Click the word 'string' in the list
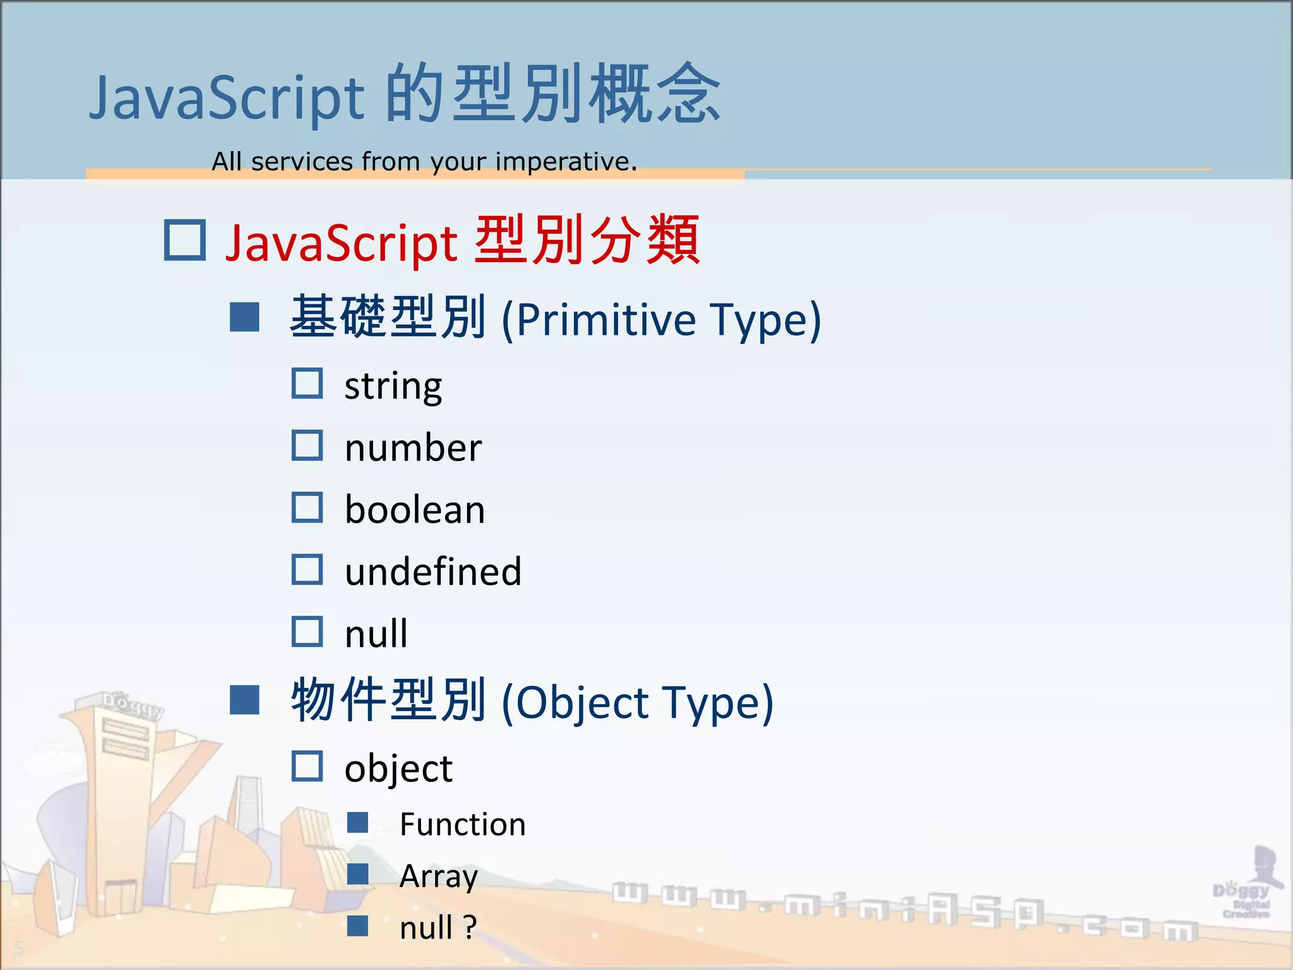click(x=393, y=386)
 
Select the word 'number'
click(x=414, y=448)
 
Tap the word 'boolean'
click(x=415, y=510)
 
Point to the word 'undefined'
click(x=433, y=572)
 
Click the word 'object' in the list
click(x=398, y=769)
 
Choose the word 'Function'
click(x=463, y=824)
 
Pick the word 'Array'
click(x=439, y=877)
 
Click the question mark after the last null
click(x=470, y=927)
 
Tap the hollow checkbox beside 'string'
click(x=307, y=383)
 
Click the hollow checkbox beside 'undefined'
click(x=307, y=569)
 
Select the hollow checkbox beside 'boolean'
click(x=307, y=507)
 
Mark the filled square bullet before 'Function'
click(x=358, y=822)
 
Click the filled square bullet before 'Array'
click(x=358, y=874)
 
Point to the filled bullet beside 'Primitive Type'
click(x=245, y=317)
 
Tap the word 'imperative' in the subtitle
click(x=563, y=162)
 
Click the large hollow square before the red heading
click(x=185, y=240)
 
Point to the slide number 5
click(x=19, y=948)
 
